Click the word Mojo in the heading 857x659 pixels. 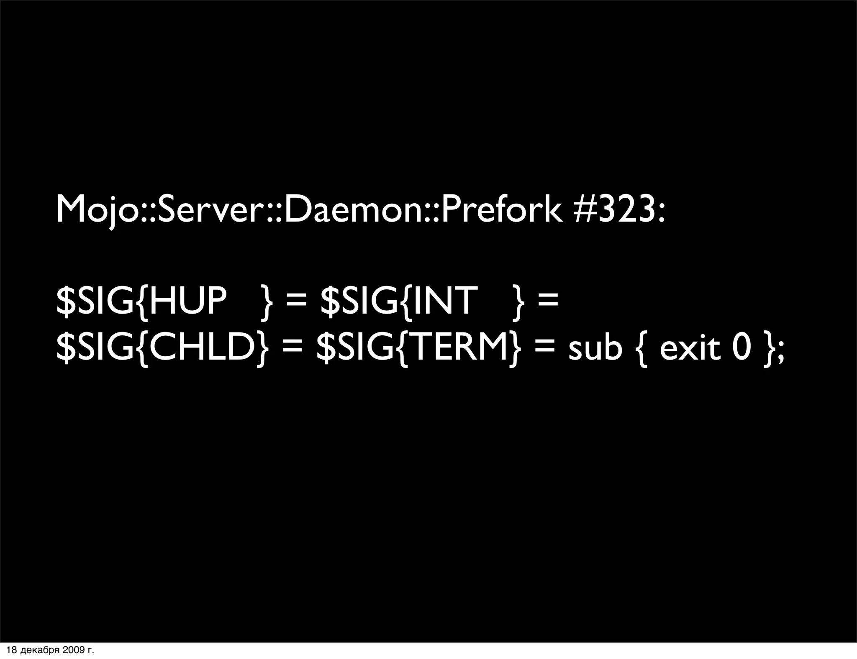[98, 210]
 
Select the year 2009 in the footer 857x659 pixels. [72, 650]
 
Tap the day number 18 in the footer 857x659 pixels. [12, 650]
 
